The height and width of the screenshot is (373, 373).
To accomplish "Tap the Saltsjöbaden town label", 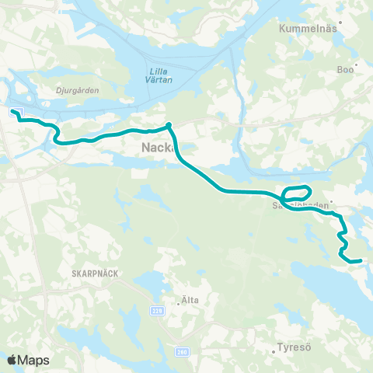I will pyautogui.click(x=299, y=206).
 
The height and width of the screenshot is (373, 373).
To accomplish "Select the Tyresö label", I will pyautogui.click(x=294, y=348).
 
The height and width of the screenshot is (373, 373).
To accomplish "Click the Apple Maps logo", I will pyautogui.click(x=29, y=359).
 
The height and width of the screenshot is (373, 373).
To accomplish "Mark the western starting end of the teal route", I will pyautogui.click(x=13, y=112).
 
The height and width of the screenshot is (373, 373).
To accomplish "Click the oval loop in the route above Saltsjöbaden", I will pyautogui.click(x=298, y=191).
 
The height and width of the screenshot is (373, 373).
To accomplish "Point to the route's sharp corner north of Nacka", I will pyautogui.click(x=169, y=124).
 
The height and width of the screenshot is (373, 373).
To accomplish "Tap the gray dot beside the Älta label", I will pyautogui.click(x=178, y=304).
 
